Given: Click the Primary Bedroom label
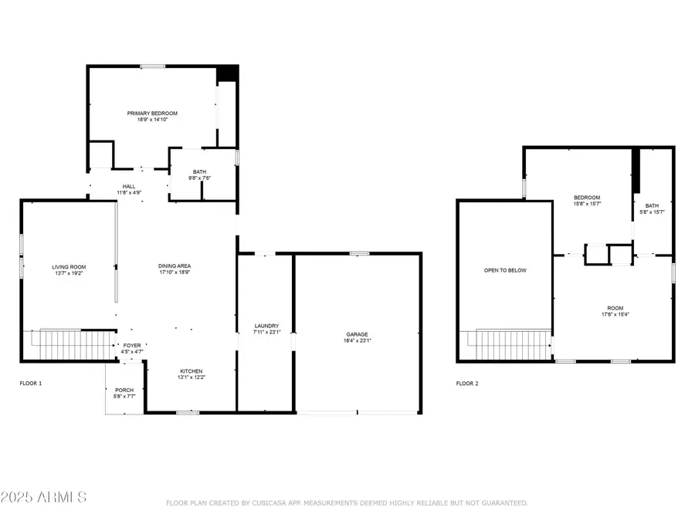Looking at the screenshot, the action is tap(152, 113).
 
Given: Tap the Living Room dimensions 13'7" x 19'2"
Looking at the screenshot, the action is tap(69, 273).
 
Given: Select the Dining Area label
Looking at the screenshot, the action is tap(175, 266).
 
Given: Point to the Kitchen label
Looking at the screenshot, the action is tap(192, 371).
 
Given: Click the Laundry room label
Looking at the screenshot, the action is tap(267, 326).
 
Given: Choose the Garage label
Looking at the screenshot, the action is tap(358, 334).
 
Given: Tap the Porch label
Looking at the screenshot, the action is tap(124, 391).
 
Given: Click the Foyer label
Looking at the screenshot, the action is tap(132, 346).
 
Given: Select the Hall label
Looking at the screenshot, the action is tap(129, 187).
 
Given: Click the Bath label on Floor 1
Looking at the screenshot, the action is tap(199, 172).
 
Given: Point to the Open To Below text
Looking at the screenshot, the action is tap(505, 270).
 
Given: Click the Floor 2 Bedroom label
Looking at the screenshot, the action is tap(588, 198).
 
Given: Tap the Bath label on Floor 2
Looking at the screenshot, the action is tap(652, 205).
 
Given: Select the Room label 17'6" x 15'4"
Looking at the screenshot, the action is tap(615, 312).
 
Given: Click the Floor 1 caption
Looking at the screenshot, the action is tap(31, 383).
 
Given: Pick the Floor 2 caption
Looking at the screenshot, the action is tap(467, 384).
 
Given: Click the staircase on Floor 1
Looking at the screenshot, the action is tap(70, 345).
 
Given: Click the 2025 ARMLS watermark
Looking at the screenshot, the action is tap(43, 497).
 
